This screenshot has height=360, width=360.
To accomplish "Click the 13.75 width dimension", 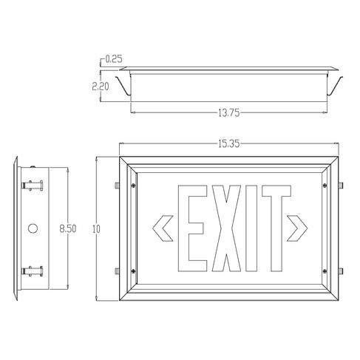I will click(x=228, y=112).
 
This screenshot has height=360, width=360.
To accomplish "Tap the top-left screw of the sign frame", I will click(x=132, y=185).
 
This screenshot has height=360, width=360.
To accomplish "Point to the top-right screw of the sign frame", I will click(x=325, y=185).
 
